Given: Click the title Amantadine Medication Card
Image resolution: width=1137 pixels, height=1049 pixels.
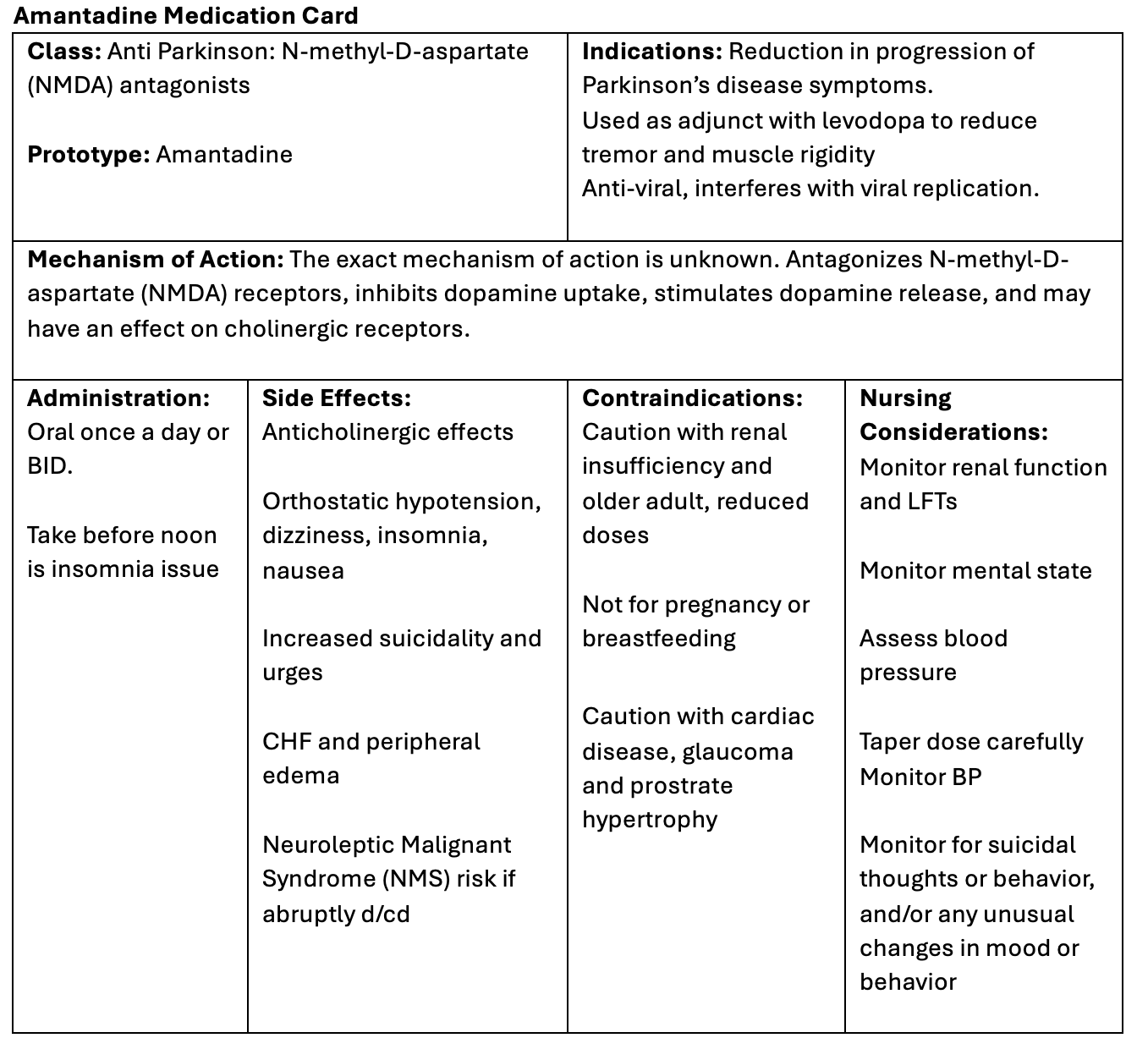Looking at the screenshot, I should pos(186,15).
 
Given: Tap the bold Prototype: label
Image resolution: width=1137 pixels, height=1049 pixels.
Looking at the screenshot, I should pos(89,155).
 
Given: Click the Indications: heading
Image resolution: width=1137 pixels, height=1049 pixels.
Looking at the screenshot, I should pos(651,52).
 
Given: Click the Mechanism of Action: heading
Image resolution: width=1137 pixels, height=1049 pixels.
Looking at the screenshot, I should pos(156,260).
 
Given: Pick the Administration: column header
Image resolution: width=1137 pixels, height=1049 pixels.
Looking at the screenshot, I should pos(118,398).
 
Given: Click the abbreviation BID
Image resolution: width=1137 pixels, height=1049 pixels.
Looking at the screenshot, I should pos(47,466).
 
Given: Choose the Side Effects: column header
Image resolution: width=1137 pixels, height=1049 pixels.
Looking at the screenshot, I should pos(337,398).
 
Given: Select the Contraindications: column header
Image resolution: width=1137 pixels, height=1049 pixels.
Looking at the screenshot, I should pos(692,398).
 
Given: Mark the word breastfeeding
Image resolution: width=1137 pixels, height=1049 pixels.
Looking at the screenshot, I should pos(659,639).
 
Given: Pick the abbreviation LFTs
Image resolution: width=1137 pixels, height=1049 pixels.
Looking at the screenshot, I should pos(931,502).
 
